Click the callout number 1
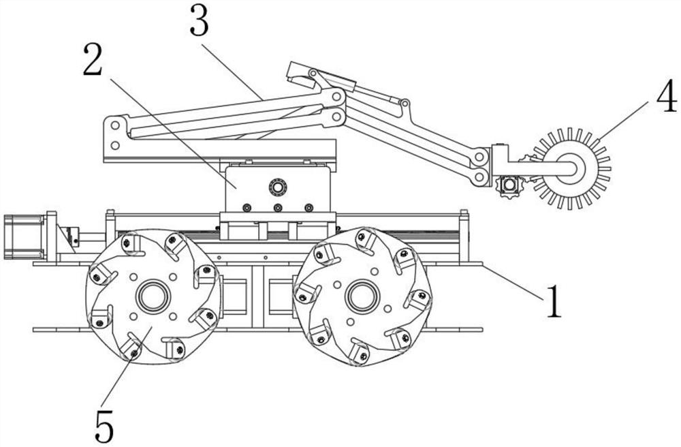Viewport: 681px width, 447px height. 553,301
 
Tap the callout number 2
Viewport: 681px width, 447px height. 93,59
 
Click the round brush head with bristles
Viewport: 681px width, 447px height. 571,168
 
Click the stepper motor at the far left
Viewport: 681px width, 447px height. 24,236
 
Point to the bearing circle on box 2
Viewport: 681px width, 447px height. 278,187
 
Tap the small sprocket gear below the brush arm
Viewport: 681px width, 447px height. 508,186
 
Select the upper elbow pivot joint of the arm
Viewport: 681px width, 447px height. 336,97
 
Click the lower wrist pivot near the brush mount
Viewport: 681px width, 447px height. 479,176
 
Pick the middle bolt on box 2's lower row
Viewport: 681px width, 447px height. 278,207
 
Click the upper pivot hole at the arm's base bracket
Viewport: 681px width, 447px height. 115,125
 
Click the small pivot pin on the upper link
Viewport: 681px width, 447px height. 405,104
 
